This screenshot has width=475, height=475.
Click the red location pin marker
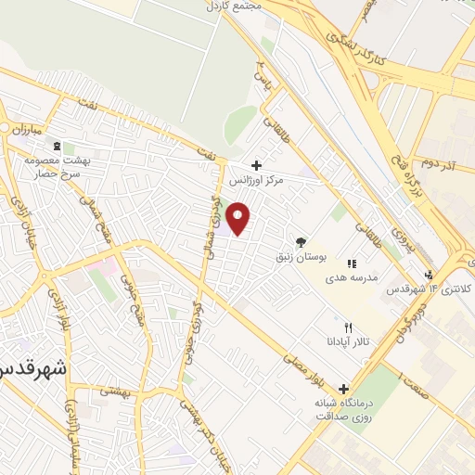pos(239,219)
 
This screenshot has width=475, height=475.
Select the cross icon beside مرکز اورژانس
pos(258,165)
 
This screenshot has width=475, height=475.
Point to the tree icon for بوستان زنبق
pos(299,239)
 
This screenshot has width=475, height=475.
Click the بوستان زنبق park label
pos(298,253)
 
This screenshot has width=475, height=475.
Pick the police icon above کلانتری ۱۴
pos(428,275)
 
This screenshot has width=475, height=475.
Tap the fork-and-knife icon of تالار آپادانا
pos(349,327)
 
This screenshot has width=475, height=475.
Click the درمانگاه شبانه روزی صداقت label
pos(347,410)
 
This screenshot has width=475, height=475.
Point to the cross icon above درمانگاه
pos(344,389)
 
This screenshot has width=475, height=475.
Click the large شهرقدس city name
pos(32,367)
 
